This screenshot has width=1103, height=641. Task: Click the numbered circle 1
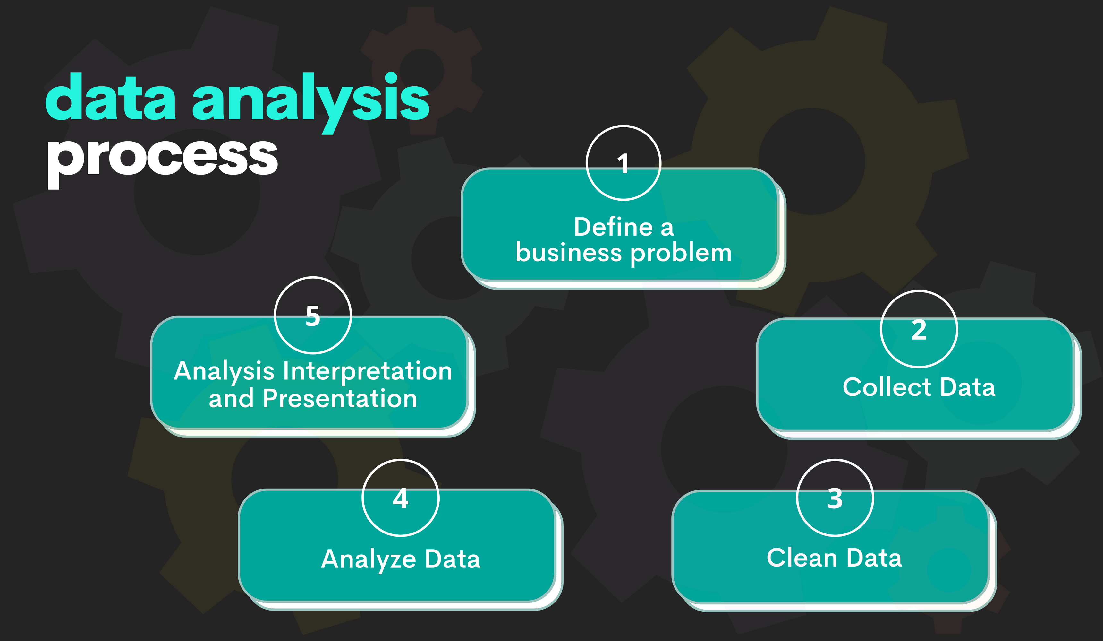[623, 163]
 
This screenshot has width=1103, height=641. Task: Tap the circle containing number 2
[919, 329]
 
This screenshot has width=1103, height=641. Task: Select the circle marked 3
[835, 498]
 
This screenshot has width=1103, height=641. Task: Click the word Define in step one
[613, 227]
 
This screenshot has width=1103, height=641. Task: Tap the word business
[569, 253]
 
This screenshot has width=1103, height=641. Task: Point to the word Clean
[802, 558]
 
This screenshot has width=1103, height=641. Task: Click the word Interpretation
[368, 371]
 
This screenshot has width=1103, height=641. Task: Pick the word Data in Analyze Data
[452, 559]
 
